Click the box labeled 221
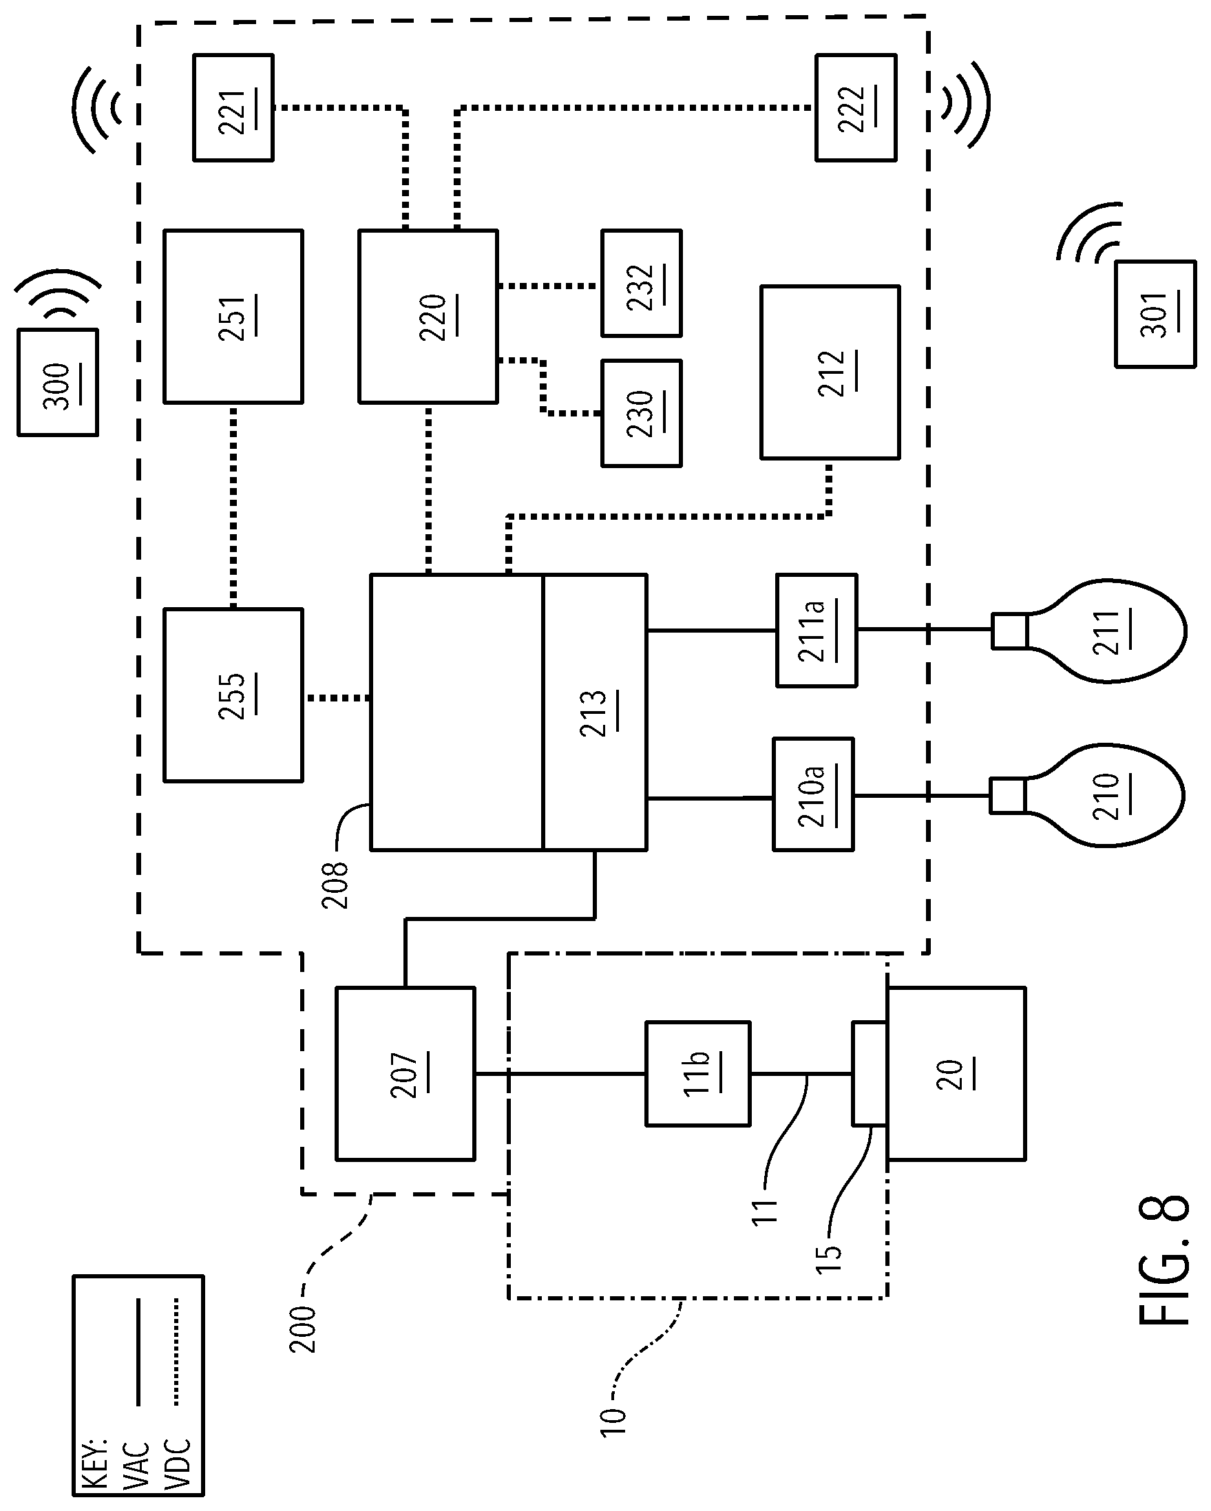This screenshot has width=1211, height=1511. point(233,108)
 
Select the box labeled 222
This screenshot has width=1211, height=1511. point(856,108)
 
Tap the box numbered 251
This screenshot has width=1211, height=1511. point(233,316)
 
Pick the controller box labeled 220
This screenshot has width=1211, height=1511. point(428,316)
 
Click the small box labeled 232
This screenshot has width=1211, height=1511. point(641,283)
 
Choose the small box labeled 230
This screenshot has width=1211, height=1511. point(641,414)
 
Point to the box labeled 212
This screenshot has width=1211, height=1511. point(830,372)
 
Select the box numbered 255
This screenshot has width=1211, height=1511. point(233,695)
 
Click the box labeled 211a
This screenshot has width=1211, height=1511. point(817,630)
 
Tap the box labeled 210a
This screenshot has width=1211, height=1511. point(813,794)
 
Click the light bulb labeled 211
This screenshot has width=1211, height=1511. point(1089,630)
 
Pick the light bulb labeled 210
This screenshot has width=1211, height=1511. point(1087,795)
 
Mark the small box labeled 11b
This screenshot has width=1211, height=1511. point(698,1074)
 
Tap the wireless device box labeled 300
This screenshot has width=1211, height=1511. point(57,383)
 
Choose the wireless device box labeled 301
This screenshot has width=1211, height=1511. point(1156,314)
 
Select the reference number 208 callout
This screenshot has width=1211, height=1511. point(335,885)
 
